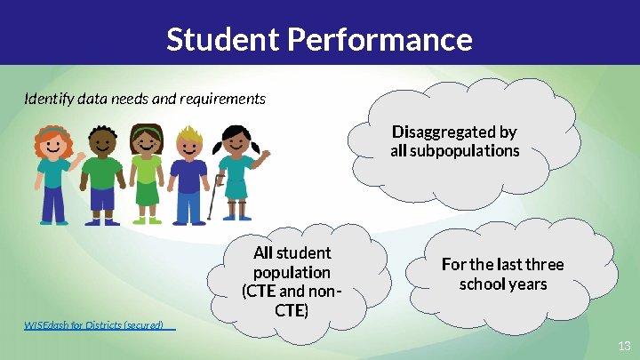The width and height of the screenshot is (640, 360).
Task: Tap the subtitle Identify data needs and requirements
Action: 144,99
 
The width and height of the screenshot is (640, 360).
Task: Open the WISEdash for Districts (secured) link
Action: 94,325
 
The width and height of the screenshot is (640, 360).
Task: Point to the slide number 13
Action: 623,345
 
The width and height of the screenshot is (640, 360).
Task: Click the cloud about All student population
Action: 292,282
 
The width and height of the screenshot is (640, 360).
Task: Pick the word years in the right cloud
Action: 528,284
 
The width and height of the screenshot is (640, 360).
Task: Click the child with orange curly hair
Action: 54,173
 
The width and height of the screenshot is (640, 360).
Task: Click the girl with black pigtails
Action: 236,173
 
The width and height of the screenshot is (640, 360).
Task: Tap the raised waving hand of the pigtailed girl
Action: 264,156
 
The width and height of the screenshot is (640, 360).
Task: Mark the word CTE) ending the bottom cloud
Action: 292,310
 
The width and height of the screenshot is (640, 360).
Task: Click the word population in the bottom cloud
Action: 292,272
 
